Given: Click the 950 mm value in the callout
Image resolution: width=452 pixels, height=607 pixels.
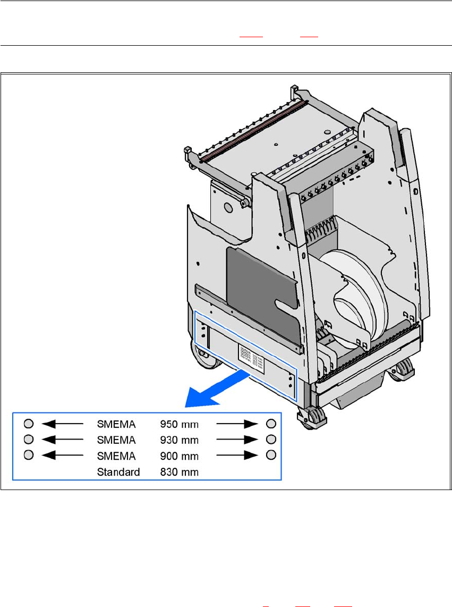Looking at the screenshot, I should (x=180, y=424).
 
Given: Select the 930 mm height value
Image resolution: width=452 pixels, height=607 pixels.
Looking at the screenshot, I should (x=180, y=440).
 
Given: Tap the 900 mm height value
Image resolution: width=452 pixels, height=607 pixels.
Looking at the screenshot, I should (x=180, y=456).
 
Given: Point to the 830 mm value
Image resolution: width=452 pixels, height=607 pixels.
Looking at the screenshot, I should (x=180, y=472).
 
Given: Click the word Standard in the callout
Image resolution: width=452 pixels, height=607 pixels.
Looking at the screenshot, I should (x=118, y=472).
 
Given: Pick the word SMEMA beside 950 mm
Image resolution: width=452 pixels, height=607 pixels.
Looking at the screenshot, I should (x=116, y=424).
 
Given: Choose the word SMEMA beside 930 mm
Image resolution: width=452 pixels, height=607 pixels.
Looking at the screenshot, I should (x=116, y=440).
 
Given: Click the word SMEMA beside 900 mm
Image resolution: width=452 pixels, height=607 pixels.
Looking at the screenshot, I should (x=116, y=456).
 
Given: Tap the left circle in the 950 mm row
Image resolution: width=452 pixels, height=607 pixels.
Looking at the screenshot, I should (x=29, y=424).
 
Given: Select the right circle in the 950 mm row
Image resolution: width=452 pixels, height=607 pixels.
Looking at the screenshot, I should (x=271, y=424).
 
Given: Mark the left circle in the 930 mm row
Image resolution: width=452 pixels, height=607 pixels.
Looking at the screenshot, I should (x=29, y=439).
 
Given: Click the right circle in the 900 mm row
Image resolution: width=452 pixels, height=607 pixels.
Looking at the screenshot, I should (x=271, y=455).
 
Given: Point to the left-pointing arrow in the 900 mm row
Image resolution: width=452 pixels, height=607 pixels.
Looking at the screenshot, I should (x=62, y=456).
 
